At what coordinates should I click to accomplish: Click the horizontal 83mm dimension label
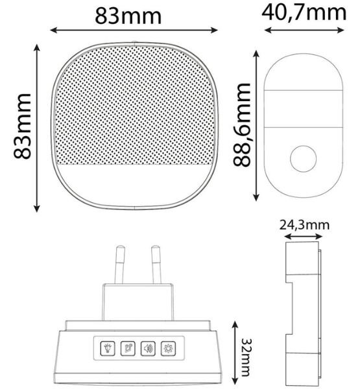128,16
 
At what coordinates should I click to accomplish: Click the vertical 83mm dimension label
22,126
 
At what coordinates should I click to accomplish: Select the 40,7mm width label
304,13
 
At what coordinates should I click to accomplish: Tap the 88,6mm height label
242,124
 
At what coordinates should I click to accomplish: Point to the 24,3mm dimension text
305,225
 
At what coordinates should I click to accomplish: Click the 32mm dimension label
246,357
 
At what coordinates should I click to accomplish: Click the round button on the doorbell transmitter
303,159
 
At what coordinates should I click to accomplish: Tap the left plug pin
119,265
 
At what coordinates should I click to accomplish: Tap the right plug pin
156,265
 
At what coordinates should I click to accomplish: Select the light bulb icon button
108,348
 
